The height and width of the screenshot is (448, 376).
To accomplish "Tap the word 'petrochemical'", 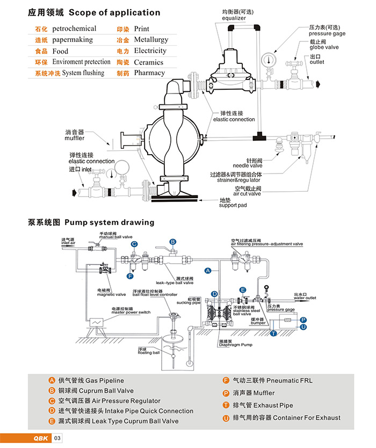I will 74,28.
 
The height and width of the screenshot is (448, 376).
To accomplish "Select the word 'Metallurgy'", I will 151,40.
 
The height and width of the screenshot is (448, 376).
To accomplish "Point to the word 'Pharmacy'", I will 149,73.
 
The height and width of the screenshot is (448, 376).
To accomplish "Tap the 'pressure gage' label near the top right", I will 327,33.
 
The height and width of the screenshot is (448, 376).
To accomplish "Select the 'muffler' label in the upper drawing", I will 76,139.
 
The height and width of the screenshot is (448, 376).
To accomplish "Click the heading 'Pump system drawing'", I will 109,222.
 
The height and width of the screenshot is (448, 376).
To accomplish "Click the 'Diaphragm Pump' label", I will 235,345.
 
